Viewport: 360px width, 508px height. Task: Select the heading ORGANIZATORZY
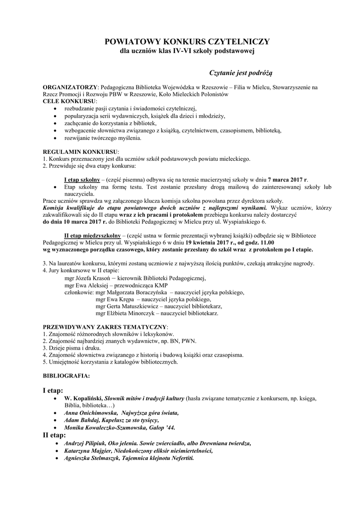coord(71,87)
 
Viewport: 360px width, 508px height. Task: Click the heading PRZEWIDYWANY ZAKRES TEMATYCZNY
coord(105,328)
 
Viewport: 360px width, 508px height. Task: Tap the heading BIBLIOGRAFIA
coord(66,376)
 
